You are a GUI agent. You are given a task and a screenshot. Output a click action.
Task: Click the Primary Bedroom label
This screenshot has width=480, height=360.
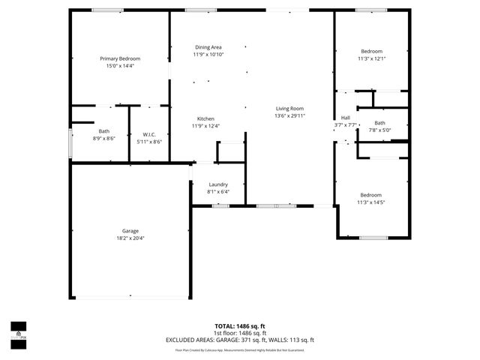[120, 58]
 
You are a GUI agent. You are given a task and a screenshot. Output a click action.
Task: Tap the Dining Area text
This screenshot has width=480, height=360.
[208, 47]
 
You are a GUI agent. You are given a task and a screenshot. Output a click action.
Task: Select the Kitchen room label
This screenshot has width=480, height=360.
[206, 119]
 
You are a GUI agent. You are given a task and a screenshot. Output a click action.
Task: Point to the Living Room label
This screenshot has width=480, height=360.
[289, 109]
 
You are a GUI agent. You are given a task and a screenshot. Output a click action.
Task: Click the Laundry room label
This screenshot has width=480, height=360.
[217, 184]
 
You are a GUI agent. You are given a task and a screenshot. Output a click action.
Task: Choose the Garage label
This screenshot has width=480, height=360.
[130, 231]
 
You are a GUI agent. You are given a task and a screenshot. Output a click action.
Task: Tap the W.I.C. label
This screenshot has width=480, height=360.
[148, 135]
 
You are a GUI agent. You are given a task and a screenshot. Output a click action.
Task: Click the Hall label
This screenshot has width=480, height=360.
[345, 118]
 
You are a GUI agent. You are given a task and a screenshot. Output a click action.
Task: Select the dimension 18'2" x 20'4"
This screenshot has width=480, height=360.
[130, 238]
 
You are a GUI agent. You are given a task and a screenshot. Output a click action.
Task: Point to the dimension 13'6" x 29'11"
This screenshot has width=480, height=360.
[289, 116]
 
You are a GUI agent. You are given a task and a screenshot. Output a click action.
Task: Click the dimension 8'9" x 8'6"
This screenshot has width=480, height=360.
[103, 139]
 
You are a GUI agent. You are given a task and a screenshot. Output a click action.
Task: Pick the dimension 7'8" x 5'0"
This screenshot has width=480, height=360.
[379, 130]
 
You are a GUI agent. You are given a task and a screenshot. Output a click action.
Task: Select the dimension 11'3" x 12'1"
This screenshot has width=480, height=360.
[371, 58]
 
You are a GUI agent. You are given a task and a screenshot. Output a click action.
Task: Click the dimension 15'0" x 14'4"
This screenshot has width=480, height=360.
[120, 66]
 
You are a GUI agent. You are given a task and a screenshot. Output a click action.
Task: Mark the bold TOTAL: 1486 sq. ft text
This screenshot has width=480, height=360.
[240, 326]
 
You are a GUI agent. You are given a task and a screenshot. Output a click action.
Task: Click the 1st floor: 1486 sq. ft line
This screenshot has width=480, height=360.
[240, 333]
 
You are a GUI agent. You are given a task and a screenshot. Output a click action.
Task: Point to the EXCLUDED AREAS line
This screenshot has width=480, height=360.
[240, 340]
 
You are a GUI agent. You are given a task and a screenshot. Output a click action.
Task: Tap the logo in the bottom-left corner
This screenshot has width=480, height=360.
[18, 331]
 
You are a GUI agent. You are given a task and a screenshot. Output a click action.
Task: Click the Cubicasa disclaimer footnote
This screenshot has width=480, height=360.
[240, 349]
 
